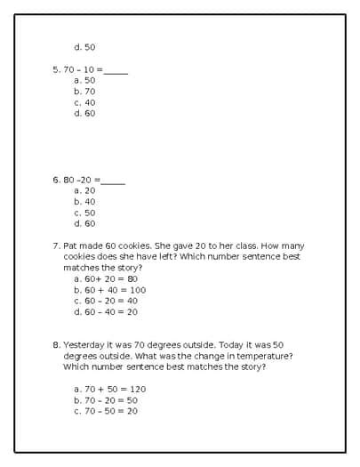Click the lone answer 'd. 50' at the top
click(84, 47)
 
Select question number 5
click(56, 69)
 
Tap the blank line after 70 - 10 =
click(116, 71)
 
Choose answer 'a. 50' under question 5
click(84, 80)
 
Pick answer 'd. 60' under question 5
click(84, 113)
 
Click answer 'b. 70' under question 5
click(84, 91)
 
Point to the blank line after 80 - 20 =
click(114, 181)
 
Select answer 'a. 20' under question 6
click(84, 190)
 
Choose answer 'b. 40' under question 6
click(84, 201)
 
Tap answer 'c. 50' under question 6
click(84, 213)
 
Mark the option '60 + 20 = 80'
click(106, 278)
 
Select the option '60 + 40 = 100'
click(110, 290)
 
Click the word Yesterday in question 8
click(84, 344)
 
